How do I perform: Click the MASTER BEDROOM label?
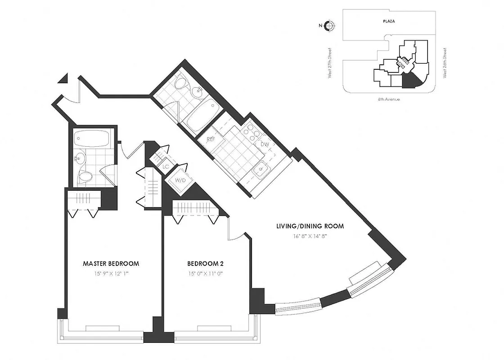pos(111,263)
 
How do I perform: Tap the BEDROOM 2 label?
pos(206,263)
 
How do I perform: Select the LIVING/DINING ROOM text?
pos(310,226)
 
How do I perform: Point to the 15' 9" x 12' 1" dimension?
pos(111,273)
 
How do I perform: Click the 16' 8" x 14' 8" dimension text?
pos(310,236)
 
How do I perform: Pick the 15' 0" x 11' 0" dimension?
pos(206,273)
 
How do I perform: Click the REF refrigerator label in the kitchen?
pos(211,139)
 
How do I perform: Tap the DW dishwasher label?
pos(264,144)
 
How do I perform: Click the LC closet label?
pos(165,166)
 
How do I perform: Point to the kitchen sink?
pos(259,170)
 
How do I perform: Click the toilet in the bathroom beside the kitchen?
pos(181,84)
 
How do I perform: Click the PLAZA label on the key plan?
pos(389,21)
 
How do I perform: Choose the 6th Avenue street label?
pos(389,99)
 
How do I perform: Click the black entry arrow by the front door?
pos(63,79)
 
